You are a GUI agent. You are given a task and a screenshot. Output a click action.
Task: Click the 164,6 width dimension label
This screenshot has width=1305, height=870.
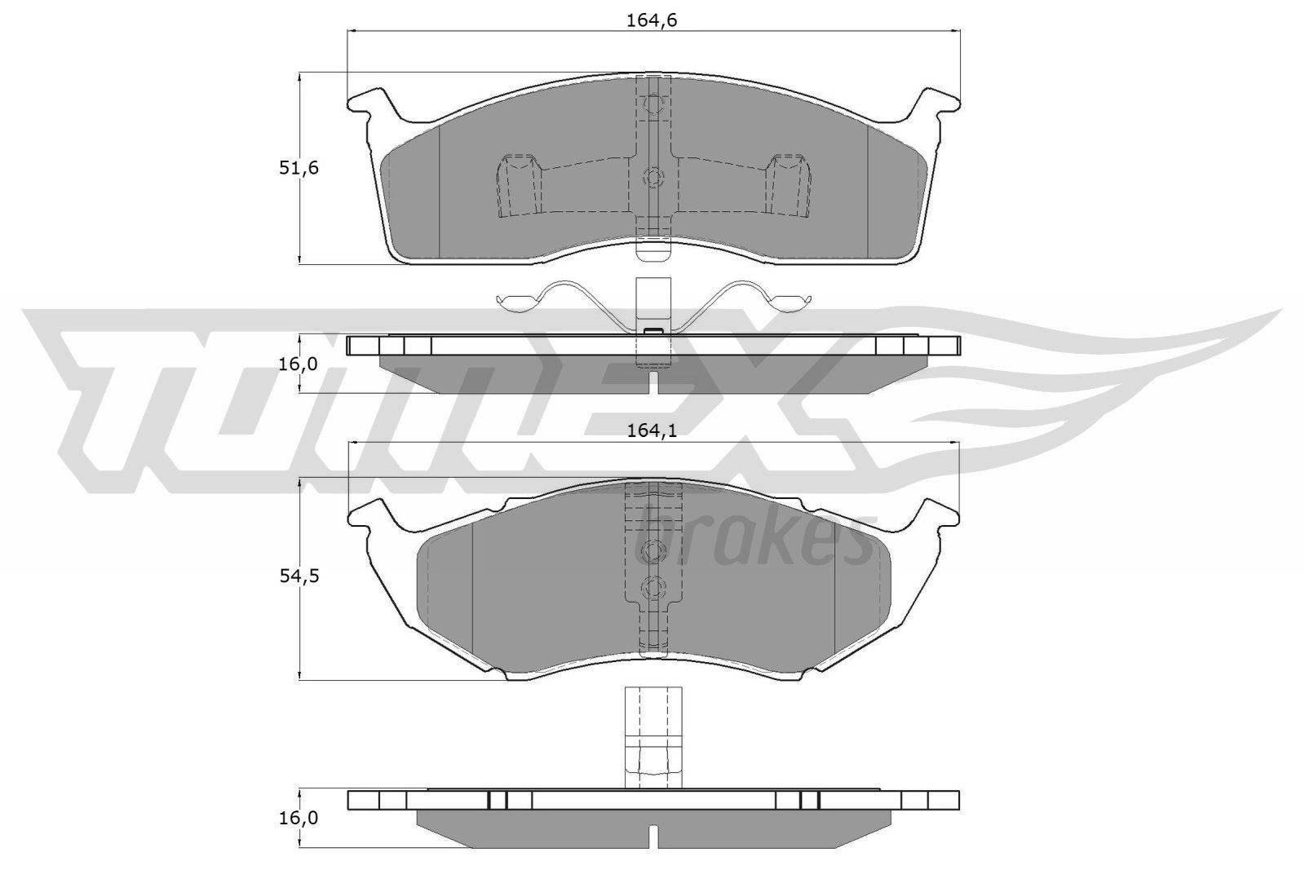(x=652, y=21)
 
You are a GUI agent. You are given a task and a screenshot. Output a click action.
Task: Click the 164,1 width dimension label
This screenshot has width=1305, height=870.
(x=652, y=433)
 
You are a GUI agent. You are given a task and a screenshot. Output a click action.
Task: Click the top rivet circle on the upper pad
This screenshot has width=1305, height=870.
(x=652, y=104)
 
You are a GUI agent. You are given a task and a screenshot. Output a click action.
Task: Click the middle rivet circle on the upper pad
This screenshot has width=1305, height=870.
(x=652, y=177)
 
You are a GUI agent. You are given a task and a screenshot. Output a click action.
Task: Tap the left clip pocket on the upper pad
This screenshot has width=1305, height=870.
(x=519, y=185)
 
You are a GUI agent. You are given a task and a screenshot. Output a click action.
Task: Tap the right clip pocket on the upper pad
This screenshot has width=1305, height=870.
(x=788, y=185)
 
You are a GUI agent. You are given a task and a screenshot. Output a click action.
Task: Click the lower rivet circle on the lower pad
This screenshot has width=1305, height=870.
(x=652, y=586)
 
